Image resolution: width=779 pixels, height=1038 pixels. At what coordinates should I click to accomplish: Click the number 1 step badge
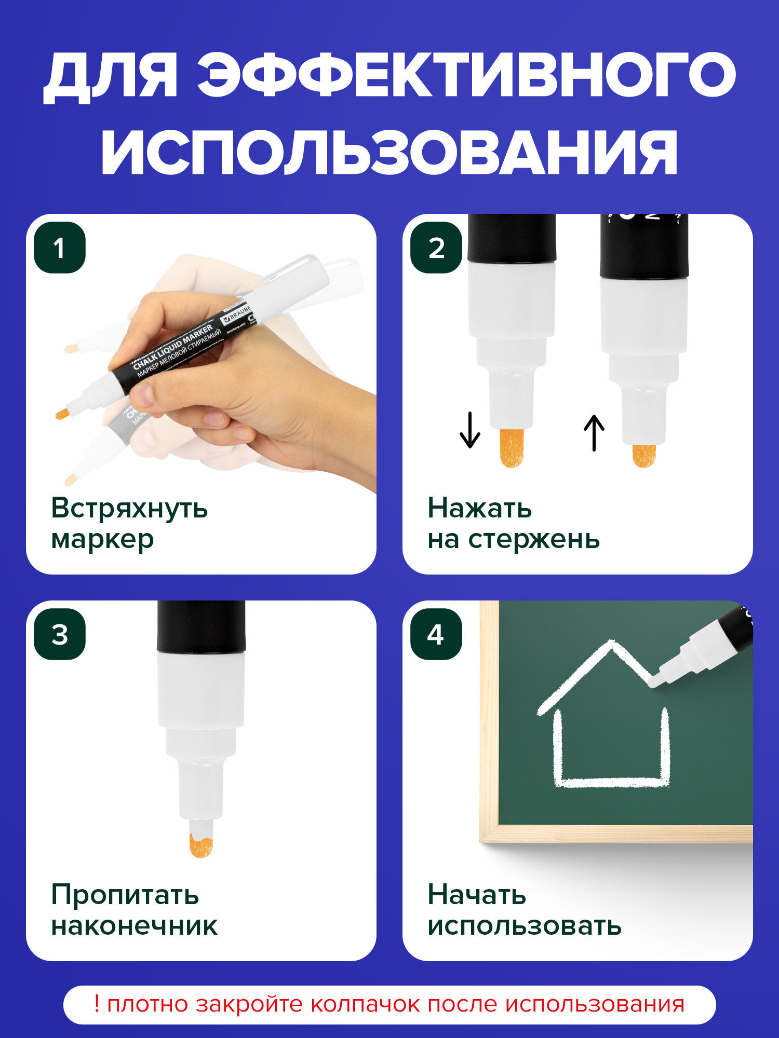coord(60,248)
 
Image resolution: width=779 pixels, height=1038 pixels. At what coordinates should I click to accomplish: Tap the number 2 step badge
coord(436,248)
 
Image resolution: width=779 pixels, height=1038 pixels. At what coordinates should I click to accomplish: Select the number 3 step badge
coord(60,634)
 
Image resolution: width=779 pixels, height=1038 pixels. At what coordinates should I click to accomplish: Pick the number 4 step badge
coord(436,634)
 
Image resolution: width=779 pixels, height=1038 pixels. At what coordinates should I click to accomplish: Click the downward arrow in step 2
coord(469,430)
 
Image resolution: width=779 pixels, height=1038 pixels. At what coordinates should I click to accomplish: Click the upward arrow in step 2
coord(594,432)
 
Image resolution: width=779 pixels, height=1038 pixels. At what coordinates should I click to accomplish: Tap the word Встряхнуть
coord(129,508)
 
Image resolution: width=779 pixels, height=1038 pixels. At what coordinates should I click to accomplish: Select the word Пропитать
coord(125,895)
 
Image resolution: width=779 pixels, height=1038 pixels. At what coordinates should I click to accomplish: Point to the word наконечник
coord(135,926)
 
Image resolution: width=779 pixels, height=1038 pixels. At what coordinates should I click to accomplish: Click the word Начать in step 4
coord(477,895)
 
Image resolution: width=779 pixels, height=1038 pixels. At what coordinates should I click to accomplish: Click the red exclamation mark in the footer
coord(97,1004)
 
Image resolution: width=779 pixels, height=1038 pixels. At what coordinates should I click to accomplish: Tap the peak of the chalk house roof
coord(611,645)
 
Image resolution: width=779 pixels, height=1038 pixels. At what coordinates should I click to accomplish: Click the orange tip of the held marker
coord(63,414)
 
